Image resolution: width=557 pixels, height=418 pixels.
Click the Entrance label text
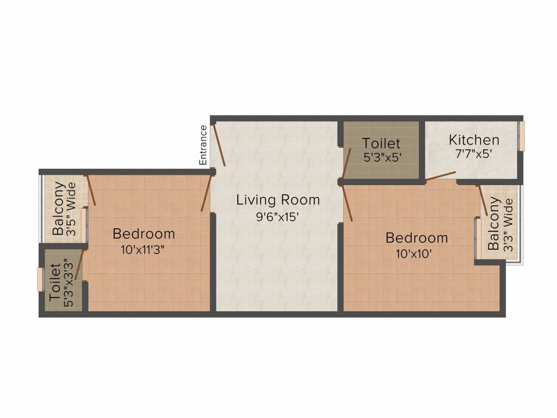click(x=203, y=145)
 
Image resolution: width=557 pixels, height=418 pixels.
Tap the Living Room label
click(x=277, y=200)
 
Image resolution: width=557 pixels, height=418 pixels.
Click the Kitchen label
click(x=474, y=140)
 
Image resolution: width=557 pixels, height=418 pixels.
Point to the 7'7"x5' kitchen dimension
click(x=474, y=153)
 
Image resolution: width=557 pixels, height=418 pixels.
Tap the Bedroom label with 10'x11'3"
click(x=144, y=234)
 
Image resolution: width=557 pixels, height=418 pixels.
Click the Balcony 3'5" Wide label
click(x=64, y=208)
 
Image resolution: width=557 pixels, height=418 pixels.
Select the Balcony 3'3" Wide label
click(x=500, y=224)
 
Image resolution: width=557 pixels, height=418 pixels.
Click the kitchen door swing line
click(x=441, y=175)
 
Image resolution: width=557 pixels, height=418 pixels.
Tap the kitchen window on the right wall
click(x=521, y=136)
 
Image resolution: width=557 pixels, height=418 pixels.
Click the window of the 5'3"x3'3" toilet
click(x=40, y=280)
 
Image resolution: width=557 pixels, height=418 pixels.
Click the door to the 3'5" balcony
click(x=91, y=190)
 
